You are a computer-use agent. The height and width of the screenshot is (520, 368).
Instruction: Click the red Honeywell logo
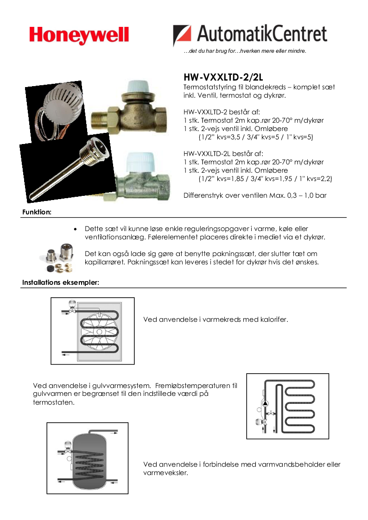[79, 35]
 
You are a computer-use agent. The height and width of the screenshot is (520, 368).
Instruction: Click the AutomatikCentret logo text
[262, 34]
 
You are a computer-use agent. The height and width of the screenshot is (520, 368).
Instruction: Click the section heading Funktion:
[37, 212]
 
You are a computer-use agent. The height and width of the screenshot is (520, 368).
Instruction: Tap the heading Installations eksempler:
[61, 282]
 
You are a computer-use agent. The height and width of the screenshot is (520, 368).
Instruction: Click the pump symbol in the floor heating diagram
[265, 403]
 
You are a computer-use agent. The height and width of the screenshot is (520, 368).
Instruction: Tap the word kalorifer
[272, 320]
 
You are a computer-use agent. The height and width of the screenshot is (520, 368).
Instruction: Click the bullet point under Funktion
[75, 229]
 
